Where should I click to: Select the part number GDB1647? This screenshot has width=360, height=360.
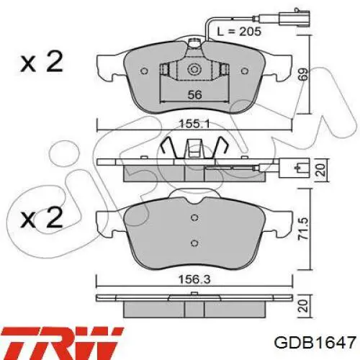click(x=315, y=343)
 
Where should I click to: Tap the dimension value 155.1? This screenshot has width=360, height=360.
click(x=194, y=124)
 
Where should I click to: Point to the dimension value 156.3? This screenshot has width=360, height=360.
click(x=194, y=279)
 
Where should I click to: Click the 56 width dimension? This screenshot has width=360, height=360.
click(x=194, y=95)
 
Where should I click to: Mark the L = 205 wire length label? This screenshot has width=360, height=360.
click(x=239, y=32)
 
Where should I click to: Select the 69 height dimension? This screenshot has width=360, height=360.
click(x=303, y=74)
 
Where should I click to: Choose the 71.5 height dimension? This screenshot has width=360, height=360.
click(x=304, y=228)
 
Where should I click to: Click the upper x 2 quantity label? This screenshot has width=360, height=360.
click(x=42, y=61)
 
